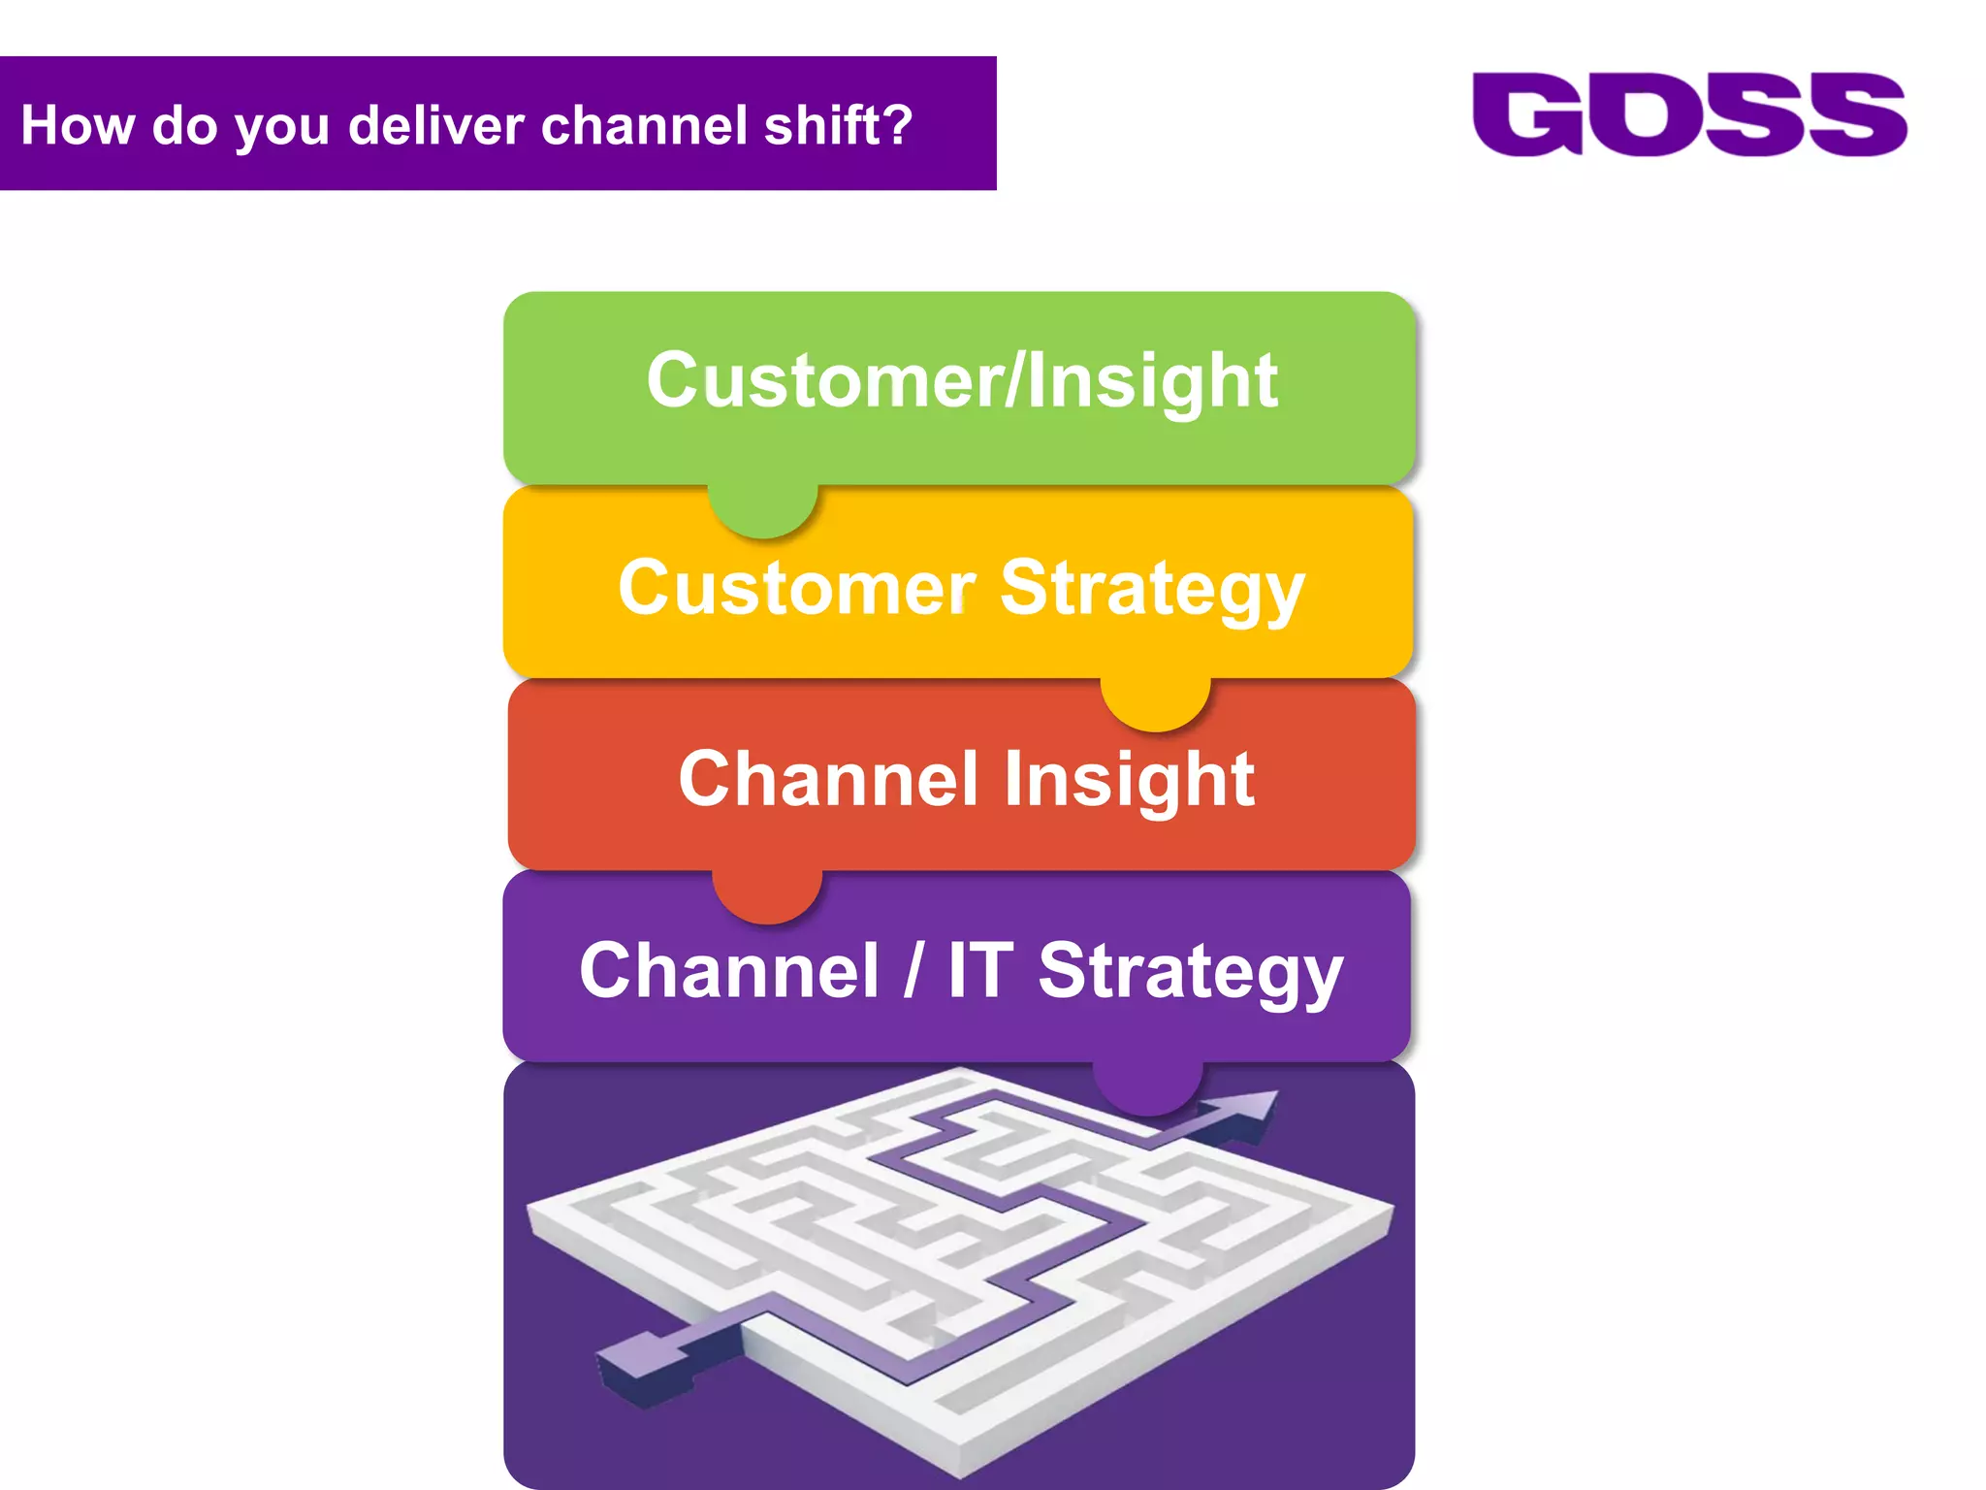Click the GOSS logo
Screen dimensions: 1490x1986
pyautogui.click(x=1689, y=114)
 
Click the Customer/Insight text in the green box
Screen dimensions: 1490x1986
pyautogui.click(x=961, y=380)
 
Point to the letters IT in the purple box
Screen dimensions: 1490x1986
pyautogui.click(x=980, y=970)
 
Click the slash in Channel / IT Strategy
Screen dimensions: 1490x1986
pyautogui.click(x=912, y=970)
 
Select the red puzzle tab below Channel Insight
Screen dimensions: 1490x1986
pyautogui.click(x=767, y=896)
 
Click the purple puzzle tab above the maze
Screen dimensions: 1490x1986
pyautogui.click(x=1147, y=1088)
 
